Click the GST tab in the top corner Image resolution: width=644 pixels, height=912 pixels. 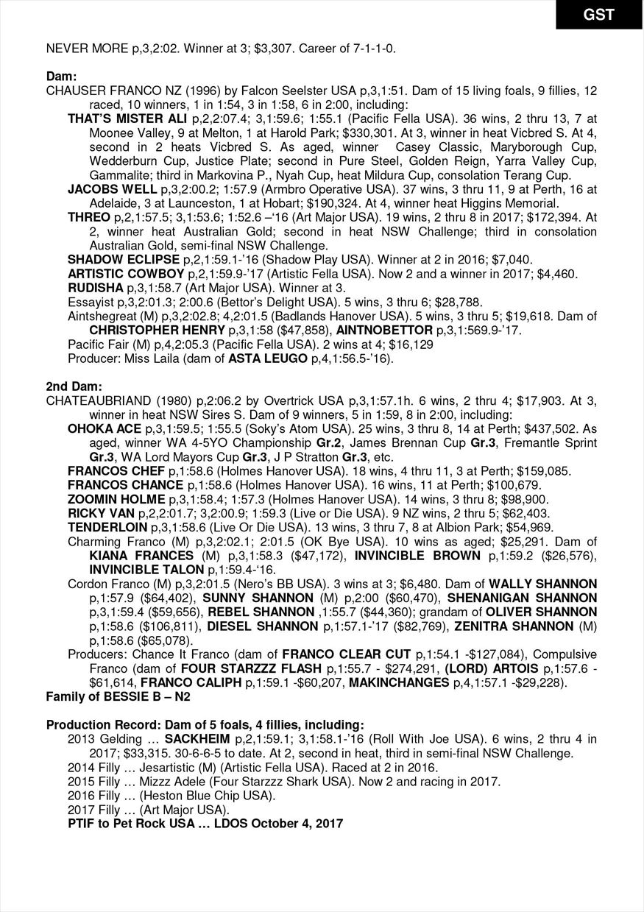coord(598,14)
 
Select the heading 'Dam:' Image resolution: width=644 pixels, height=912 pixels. coord(62,77)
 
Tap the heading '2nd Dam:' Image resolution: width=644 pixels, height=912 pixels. coord(74,386)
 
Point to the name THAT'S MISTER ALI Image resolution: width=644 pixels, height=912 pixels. coord(127,118)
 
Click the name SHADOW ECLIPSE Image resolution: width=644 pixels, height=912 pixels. coord(123,259)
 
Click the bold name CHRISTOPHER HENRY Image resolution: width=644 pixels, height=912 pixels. coord(158,330)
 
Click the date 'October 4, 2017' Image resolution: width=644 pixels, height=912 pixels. coord(293,823)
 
